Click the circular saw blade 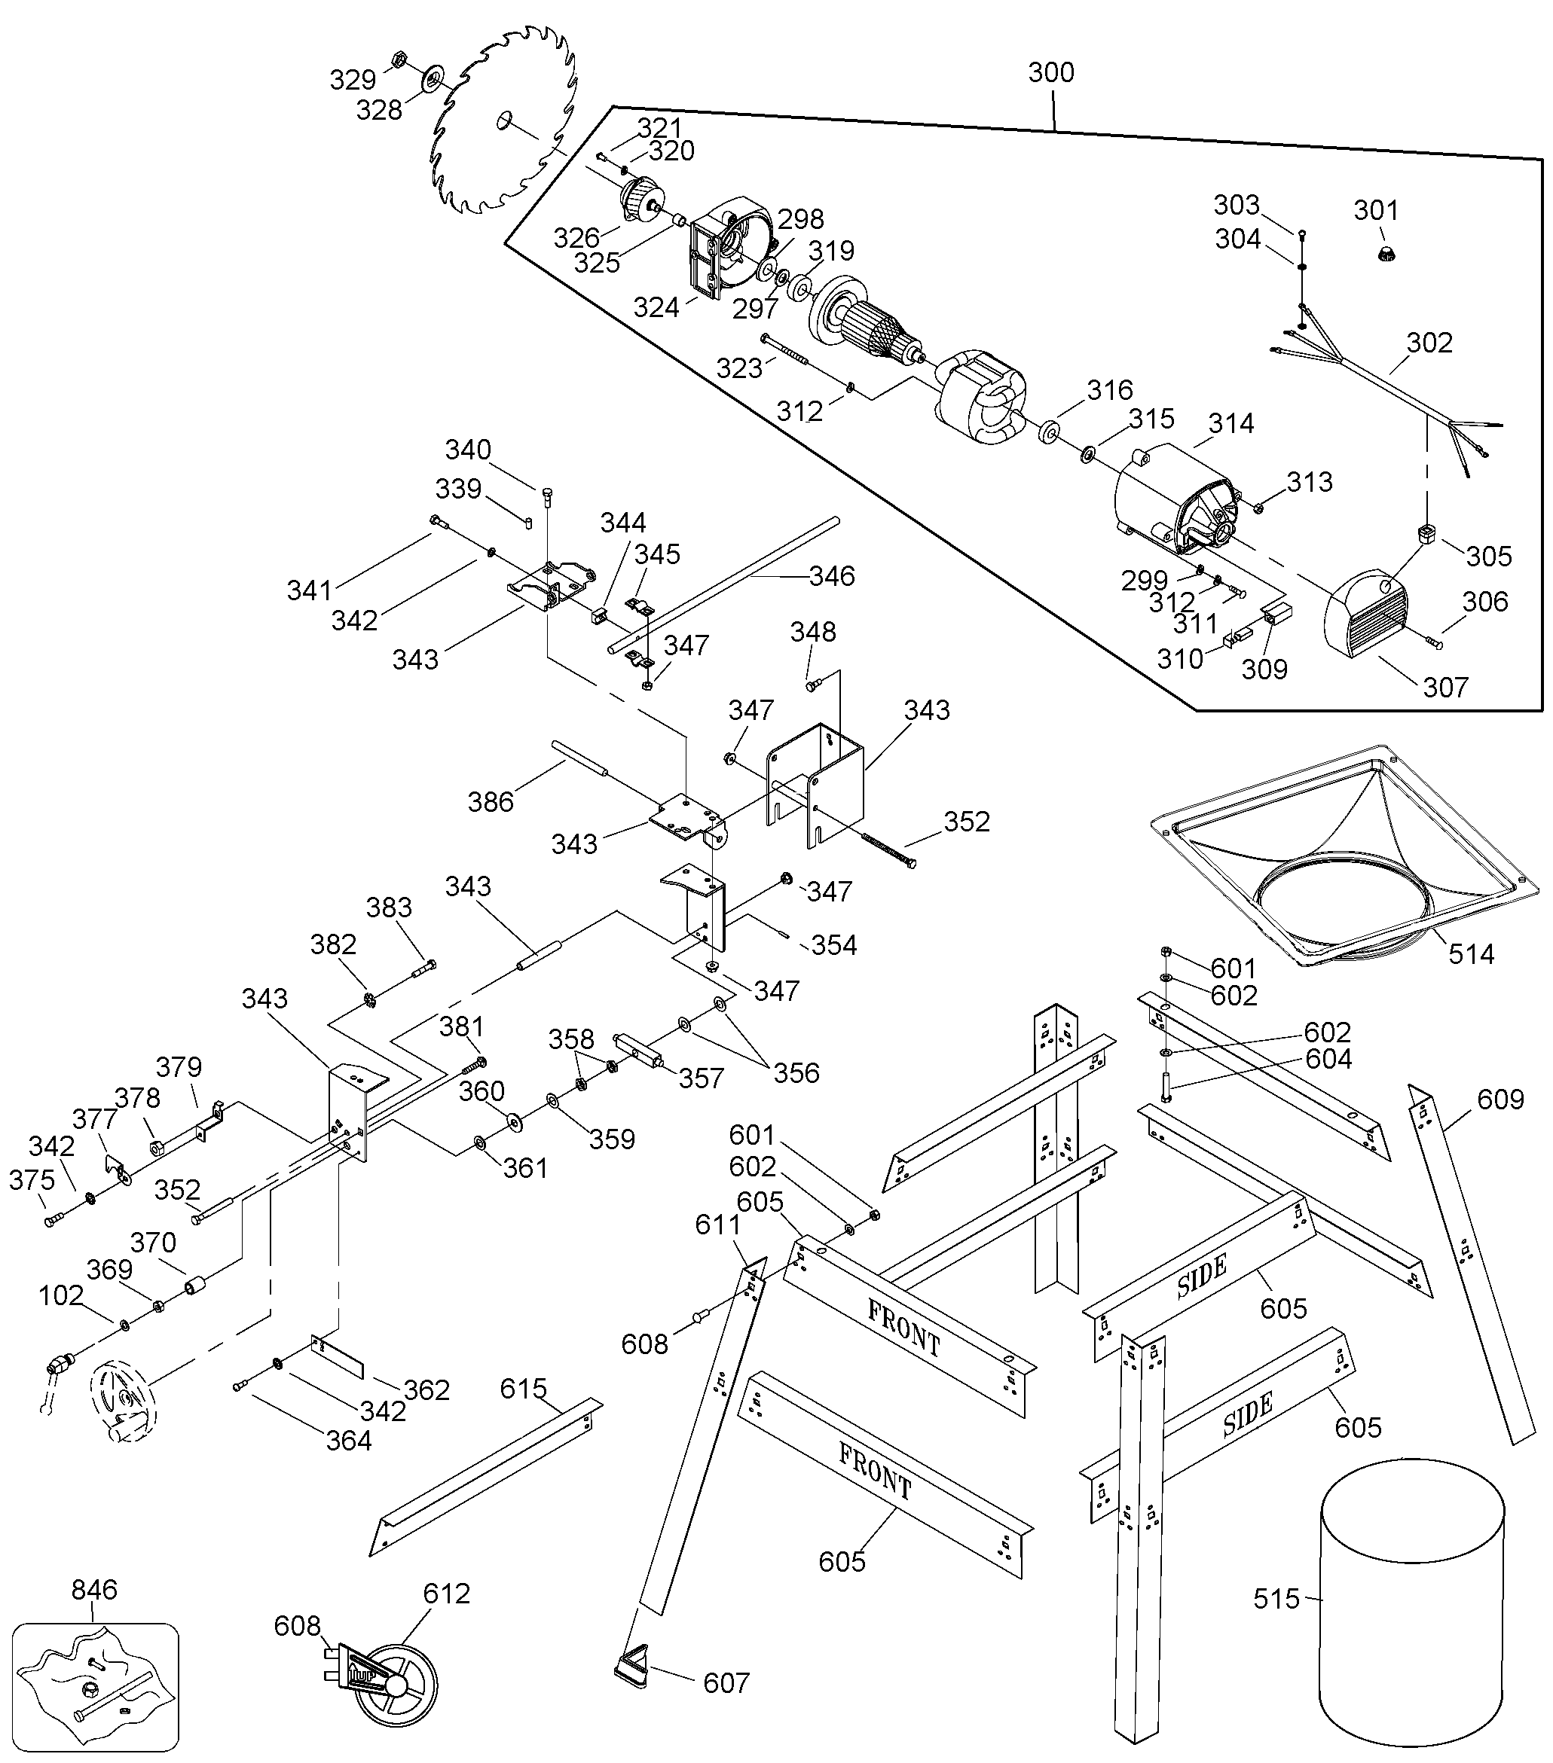click(505, 120)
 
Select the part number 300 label click(1051, 72)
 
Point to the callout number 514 click(1471, 954)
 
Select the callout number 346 click(832, 576)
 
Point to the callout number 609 click(1500, 1100)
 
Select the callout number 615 click(524, 1389)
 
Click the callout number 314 click(1230, 423)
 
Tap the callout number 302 click(1429, 343)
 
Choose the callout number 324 click(656, 307)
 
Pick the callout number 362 click(427, 1390)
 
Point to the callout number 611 click(718, 1225)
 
